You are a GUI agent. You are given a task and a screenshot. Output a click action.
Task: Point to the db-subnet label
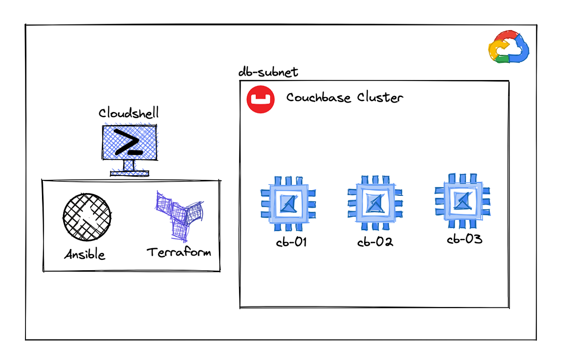pyautogui.click(x=268, y=73)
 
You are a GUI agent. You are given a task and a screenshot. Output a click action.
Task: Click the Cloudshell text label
pyautogui.click(x=128, y=113)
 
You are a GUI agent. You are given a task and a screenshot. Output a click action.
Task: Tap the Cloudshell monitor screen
pyautogui.click(x=130, y=141)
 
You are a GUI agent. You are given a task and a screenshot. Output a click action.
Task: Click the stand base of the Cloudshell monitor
pyautogui.click(x=129, y=173)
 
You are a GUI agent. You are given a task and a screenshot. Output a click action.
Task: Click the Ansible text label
pyautogui.click(x=85, y=255)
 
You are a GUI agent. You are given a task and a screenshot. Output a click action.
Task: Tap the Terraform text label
pyautogui.click(x=179, y=252)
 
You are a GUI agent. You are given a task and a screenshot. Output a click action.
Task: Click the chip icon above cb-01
pyautogui.click(x=285, y=203)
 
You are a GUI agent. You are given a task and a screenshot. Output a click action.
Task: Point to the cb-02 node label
pyautogui.click(x=375, y=242)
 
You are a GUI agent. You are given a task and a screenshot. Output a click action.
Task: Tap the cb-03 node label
pyautogui.click(x=464, y=239)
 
